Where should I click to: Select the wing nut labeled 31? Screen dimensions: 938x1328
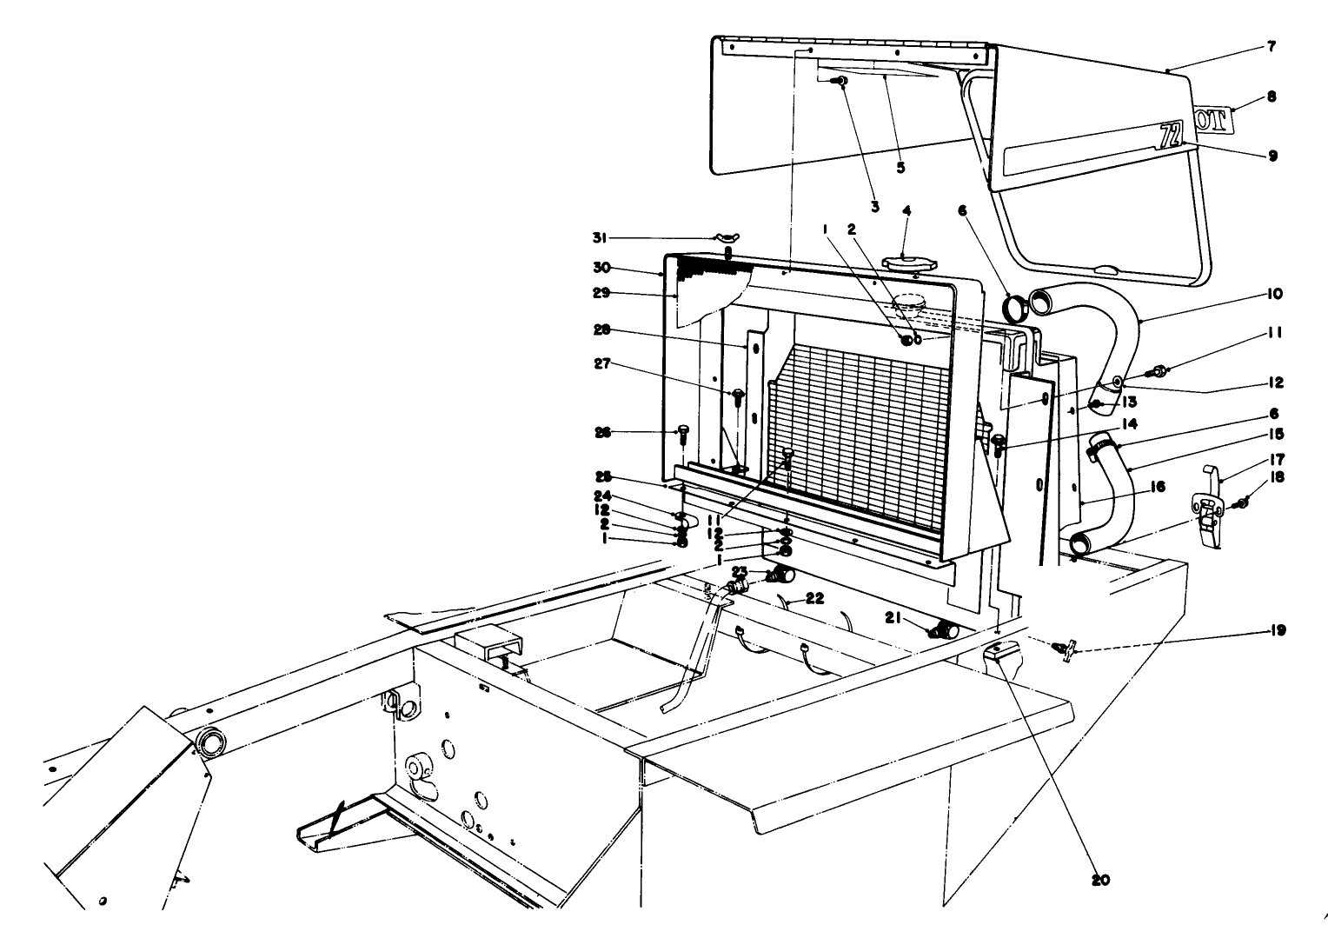[x=727, y=237]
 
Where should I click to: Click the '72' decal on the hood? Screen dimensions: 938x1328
[x=1172, y=134]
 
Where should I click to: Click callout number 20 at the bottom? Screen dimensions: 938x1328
[x=1100, y=880]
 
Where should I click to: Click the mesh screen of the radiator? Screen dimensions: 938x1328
[x=860, y=417]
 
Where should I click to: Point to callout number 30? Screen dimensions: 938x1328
[x=623, y=268]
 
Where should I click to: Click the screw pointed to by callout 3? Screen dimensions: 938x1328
[x=841, y=81]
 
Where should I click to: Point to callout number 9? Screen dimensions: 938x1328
[x=1272, y=156]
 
